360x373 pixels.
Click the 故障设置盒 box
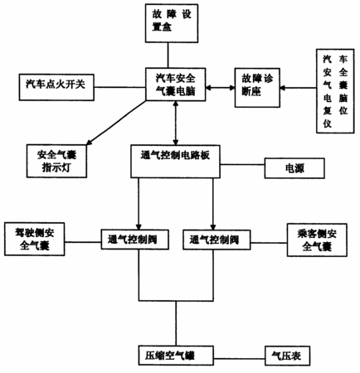click(172, 23)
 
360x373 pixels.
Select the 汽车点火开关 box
click(56, 87)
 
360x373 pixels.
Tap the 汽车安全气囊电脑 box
click(176, 85)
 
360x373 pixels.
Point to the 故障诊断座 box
click(257, 88)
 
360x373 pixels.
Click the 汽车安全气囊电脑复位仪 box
click(335, 91)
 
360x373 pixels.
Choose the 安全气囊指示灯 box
click(56, 161)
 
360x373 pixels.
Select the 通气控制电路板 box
click(175, 161)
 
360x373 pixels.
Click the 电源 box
click(294, 168)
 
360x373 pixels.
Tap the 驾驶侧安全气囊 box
click(35, 240)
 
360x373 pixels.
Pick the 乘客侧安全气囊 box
click(317, 240)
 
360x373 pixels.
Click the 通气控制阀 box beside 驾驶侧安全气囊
click(134, 240)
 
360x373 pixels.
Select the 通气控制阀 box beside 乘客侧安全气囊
click(216, 240)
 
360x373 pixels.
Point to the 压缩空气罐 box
click(176, 356)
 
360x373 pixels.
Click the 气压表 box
click(287, 356)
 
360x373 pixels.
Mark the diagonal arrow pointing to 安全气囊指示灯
click(116, 123)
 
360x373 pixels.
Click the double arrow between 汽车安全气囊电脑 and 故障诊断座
click(220, 88)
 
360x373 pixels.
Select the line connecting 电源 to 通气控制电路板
click(242, 165)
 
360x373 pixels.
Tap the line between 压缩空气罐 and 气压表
click(239, 359)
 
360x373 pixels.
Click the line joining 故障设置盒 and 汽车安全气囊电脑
click(168, 56)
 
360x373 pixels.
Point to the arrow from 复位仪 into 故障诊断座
click(298, 88)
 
